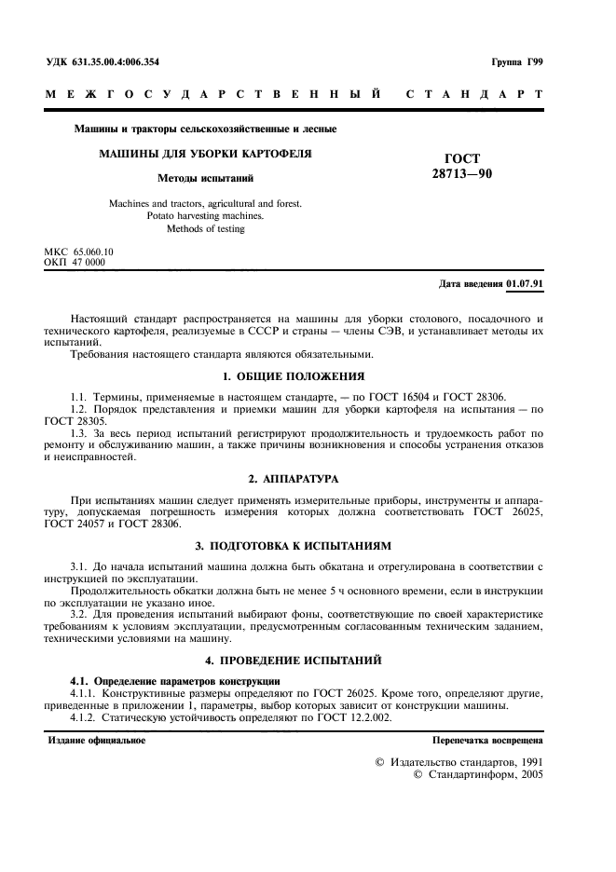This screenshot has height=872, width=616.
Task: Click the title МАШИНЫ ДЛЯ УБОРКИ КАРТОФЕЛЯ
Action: tap(205, 153)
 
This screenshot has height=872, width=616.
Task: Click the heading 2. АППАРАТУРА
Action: tap(306, 478)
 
